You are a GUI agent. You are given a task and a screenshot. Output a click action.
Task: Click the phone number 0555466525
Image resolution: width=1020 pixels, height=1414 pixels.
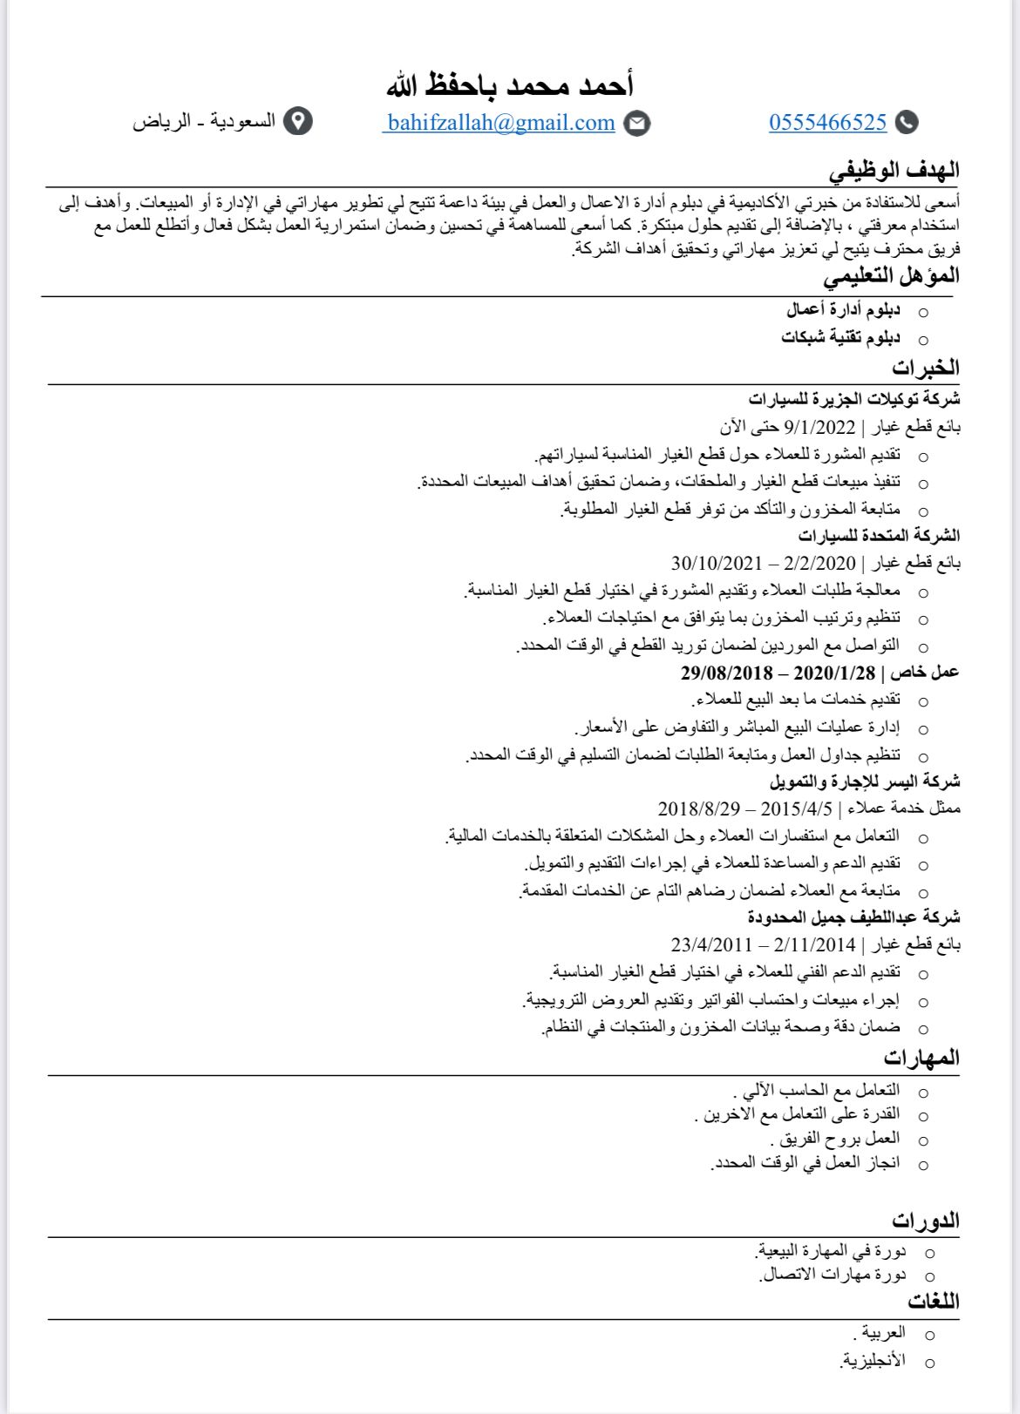(x=827, y=123)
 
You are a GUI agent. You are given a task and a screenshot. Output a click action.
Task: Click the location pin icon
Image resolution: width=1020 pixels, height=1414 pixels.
(x=299, y=122)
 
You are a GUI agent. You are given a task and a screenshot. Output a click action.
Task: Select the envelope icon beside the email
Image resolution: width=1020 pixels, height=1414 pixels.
(x=638, y=124)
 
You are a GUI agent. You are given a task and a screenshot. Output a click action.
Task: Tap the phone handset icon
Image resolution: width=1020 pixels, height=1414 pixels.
(x=908, y=123)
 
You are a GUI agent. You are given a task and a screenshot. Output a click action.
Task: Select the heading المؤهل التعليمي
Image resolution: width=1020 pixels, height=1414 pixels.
(x=892, y=276)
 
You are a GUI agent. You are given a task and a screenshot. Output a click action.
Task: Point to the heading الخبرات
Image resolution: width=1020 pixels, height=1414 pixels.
(x=926, y=367)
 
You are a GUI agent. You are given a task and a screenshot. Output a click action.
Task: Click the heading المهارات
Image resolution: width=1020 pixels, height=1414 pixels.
(x=921, y=1058)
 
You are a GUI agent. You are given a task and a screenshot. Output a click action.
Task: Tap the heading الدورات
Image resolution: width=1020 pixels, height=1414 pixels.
(x=925, y=1220)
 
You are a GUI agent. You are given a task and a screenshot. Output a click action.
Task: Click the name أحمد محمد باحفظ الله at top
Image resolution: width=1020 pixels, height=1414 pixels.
(x=510, y=85)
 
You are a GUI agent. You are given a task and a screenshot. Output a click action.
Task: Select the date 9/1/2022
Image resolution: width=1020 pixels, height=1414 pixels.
(x=820, y=427)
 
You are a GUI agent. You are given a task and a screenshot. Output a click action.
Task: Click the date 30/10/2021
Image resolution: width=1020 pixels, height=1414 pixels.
(x=716, y=563)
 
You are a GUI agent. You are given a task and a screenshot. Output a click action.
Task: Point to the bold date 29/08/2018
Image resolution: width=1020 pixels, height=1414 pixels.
(x=727, y=673)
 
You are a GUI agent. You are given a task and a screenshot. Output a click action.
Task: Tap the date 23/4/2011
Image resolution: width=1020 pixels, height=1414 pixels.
(x=711, y=944)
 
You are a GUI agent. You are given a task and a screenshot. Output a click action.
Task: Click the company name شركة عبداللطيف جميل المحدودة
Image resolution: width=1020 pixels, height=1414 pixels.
(x=854, y=917)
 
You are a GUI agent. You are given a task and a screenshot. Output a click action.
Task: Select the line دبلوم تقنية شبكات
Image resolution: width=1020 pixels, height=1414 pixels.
(x=840, y=337)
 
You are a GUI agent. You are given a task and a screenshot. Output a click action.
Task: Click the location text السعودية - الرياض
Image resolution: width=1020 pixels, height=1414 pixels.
(x=204, y=122)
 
